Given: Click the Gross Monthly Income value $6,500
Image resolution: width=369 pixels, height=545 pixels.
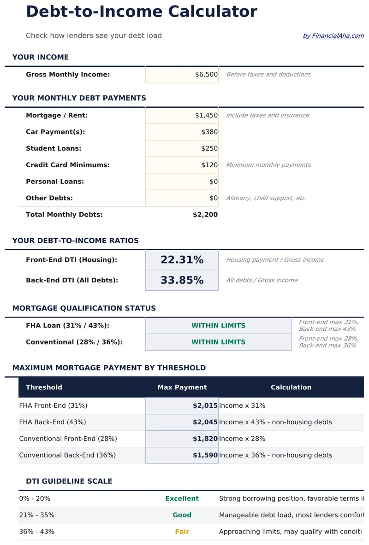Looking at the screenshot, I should [x=206, y=75].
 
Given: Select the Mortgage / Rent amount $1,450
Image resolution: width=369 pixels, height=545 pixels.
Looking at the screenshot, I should [x=206, y=116].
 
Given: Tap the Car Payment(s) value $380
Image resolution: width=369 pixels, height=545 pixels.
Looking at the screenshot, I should [x=209, y=132].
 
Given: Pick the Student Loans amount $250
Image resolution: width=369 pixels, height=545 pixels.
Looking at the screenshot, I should [x=209, y=149].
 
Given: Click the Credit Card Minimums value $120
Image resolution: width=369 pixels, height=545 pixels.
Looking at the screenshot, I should [x=209, y=165].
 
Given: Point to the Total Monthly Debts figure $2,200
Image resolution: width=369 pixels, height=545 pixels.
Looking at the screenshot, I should [x=205, y=215].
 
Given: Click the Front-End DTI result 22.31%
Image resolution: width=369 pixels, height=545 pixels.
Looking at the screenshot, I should [x=182, y=260].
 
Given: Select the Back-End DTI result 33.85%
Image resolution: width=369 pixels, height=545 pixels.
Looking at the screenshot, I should [x=182, y=280].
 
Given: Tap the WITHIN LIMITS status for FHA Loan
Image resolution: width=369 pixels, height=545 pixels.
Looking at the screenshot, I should [x=218, y=326].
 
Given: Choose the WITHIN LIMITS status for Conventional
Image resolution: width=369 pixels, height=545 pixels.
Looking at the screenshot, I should [x=218, y=342].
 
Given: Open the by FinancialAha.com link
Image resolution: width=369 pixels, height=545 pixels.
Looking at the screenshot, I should [x=333, y=36].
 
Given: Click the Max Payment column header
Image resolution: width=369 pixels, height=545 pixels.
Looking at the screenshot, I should [x=182, y=387].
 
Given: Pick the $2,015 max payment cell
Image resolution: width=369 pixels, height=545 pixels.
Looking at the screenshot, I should [x=205, y=406].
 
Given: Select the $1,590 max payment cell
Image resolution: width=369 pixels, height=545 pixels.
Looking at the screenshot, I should [x=205, y=455].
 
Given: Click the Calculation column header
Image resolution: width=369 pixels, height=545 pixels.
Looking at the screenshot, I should [x=291, y=387].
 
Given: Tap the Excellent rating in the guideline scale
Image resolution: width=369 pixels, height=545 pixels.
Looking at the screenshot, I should [x=182, y=498].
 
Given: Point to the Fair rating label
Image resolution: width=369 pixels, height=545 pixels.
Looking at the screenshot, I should [x=182, y=532].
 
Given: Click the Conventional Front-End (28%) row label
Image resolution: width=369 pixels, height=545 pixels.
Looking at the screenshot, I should [x=68, y=439].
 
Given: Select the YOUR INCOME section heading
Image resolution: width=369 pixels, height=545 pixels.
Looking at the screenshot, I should [x=41, y=57].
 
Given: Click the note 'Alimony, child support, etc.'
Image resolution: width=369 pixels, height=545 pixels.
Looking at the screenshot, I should [x=266, y=198].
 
